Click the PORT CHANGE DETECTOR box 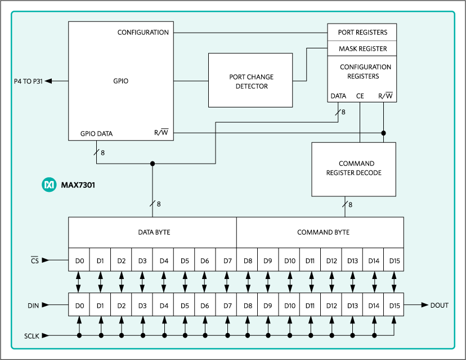[250, 80]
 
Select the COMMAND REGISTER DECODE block [353, 169]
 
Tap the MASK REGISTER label [362, 49]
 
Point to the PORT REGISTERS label [362, 33]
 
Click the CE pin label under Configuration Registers [360, 96]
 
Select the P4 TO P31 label [28, 81]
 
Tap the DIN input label [33, 305]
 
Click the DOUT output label [439, 305]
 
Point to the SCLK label [33, 336]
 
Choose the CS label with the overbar [34, 260]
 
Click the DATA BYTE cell [154, 232]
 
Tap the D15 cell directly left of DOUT [393, 305]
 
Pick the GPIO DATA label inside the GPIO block [96, 134]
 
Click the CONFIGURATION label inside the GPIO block [143, 33]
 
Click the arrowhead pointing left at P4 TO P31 [49, 81]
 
